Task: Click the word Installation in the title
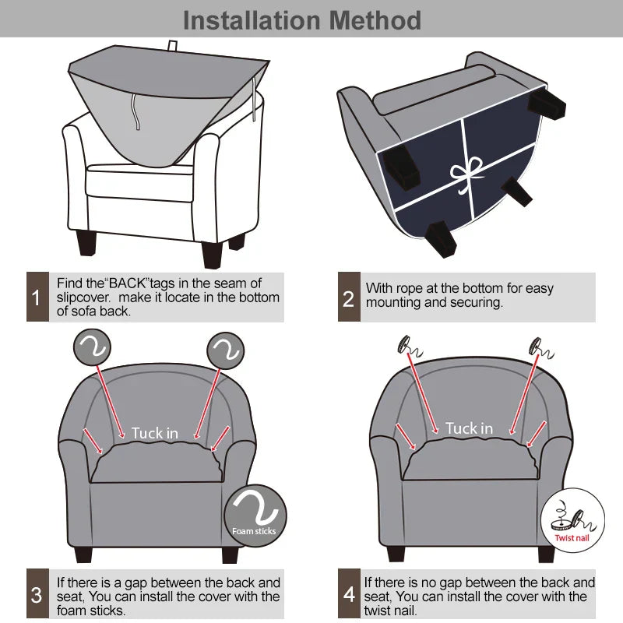[252, 20]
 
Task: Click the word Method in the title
[375, 20]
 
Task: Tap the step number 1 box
[37, 297]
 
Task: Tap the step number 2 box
[349, 297]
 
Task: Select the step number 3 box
[37, 593]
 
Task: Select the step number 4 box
[349, 593]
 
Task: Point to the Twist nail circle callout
[572, 519]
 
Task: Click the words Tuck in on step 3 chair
[154, 433]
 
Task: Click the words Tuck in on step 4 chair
[469, 428]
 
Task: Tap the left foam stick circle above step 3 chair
[92, 347]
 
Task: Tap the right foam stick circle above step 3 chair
[225, 351]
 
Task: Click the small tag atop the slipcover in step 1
[172, 46]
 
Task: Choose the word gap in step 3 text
[136, 583]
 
